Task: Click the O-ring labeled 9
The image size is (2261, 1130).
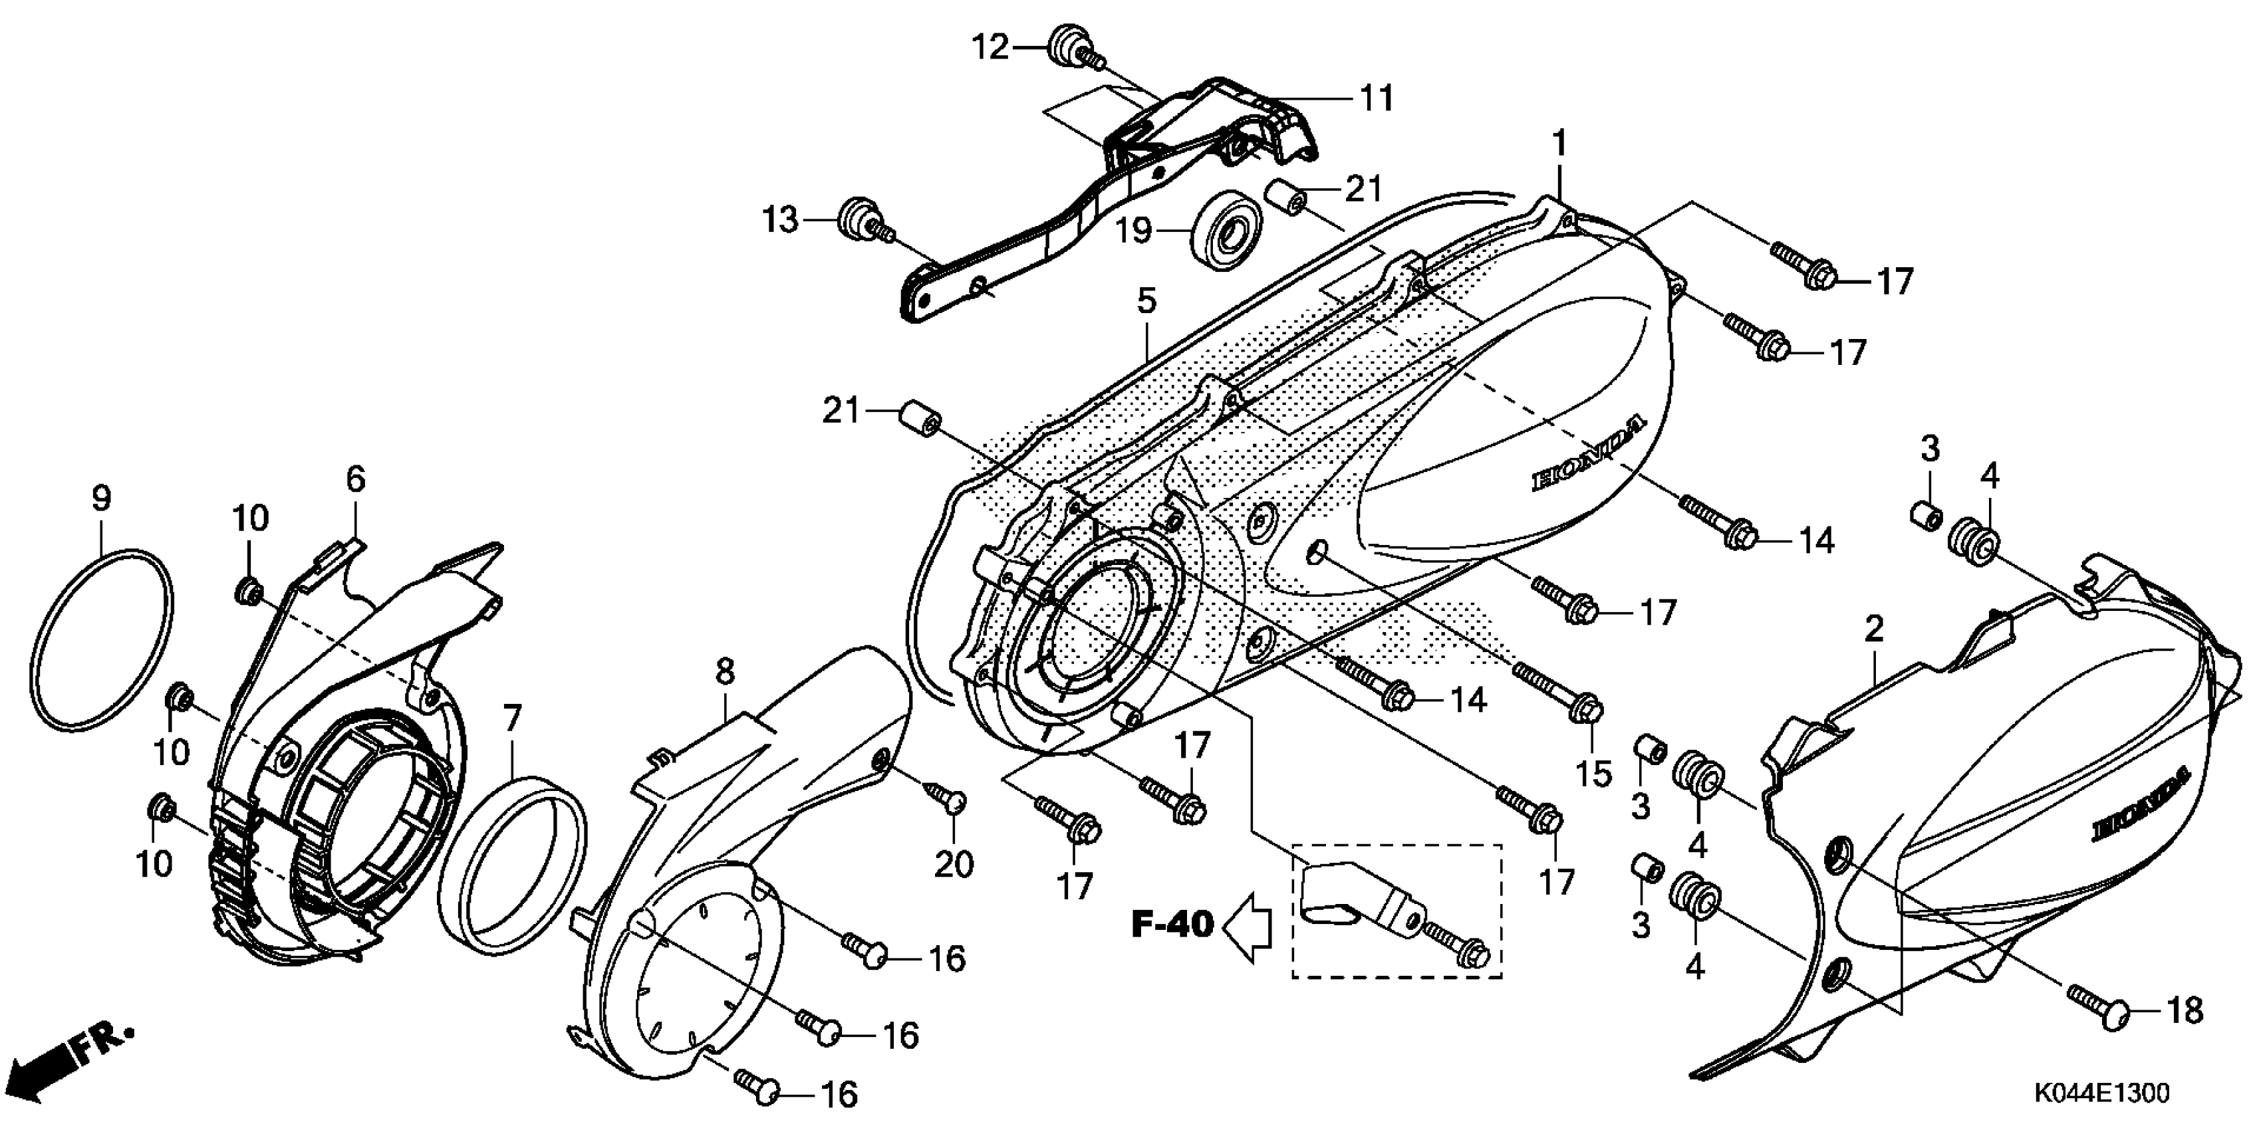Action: click(x=102, y=639)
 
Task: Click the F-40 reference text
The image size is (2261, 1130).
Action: click(x=1172, y=923)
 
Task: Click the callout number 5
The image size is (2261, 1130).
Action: click(x=1146, y=301)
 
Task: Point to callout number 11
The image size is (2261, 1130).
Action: click(x=1377, y=98)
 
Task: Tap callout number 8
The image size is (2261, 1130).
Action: click(x=724, y=672)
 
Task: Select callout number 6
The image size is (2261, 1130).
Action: click(x=356, y=479)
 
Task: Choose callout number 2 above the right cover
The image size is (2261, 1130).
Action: click(x=1874, y=628)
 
